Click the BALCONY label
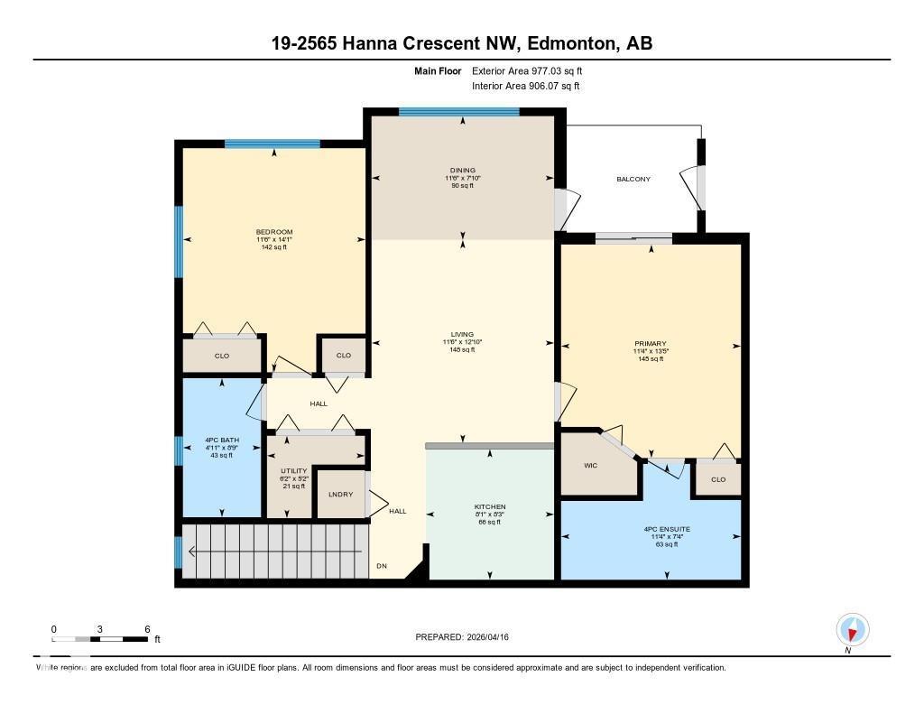point(633,179)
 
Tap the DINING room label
point(463,171)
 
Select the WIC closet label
point(592,466)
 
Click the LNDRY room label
point(340,494)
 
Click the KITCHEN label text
point(490,507)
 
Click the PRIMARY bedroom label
point(650,344)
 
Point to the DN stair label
point(383,566)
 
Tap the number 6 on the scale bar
point(146,628)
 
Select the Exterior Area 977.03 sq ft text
point(533,70)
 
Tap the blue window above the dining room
point(459,112)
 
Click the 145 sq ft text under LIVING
point(461,350)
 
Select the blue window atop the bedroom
point(273,144)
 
